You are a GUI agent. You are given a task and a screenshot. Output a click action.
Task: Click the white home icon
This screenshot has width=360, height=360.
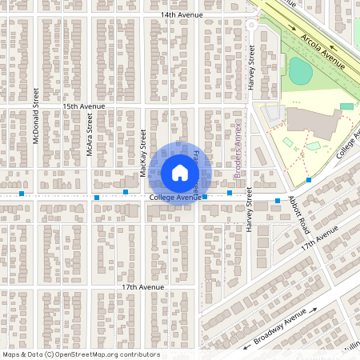tap(180, 172)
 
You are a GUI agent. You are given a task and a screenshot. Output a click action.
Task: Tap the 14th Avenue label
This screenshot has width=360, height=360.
tap(182, 14)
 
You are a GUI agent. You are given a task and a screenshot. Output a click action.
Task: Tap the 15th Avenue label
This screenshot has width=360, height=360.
tap(85, 106)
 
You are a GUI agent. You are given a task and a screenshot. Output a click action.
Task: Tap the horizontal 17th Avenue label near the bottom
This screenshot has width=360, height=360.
tap(141, 286)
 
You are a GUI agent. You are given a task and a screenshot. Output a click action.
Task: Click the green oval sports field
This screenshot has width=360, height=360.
tap(301, 71)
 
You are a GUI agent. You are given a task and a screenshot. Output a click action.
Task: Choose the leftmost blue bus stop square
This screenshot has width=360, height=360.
tap(22, 194)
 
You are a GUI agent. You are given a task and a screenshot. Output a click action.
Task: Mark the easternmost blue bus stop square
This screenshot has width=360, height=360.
tap(309, 180)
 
